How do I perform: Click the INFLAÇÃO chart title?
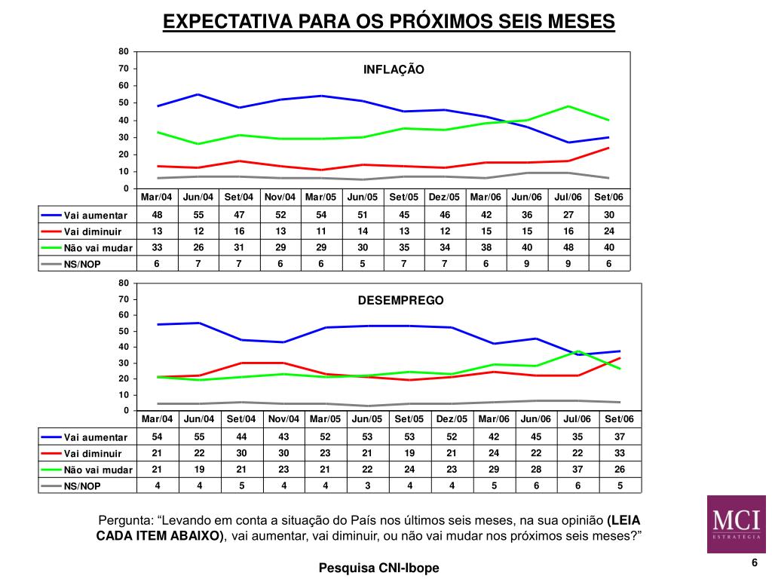click(394, 69)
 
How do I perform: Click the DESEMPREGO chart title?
click(400, 300)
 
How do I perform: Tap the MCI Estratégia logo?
click(737, 525)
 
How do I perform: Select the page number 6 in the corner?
click(753, 564)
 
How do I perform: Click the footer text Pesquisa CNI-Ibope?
click(378, 568)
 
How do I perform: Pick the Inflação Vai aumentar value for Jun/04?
click(198, 215)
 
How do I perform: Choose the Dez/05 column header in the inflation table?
click(444, 198)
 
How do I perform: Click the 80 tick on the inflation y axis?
click(123, 51)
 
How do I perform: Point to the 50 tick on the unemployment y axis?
click(123, 331)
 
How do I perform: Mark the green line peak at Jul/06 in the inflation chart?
click(568, 106)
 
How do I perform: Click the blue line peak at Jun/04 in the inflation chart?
click(198, 94)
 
